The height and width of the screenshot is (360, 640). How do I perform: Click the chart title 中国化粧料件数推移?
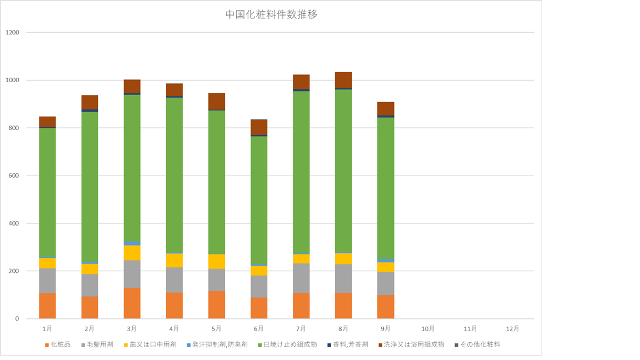[271, 14]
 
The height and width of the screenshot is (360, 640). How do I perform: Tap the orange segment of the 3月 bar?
[132, 303]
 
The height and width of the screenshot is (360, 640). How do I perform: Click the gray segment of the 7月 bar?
[301, 278]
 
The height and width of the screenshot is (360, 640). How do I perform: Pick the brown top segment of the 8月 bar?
[343, 80]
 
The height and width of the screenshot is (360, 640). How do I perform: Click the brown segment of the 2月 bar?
[89, 102]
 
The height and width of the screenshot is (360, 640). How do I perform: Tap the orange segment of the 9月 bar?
[386, 307]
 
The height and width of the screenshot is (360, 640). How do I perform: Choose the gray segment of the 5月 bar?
[217, 279]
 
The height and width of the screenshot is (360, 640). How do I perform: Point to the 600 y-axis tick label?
[14, 176]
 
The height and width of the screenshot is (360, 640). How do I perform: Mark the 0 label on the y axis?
[17, 319]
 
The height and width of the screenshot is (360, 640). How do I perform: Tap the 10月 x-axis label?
[428, 328]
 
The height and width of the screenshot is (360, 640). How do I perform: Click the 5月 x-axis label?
[217, 328]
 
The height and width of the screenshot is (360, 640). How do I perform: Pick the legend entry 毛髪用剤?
[101, 344]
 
